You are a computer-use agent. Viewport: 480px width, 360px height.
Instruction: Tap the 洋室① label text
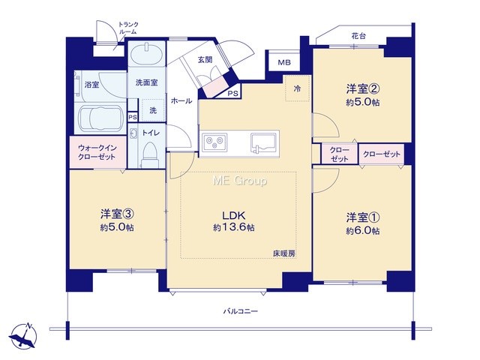tap(363, 218)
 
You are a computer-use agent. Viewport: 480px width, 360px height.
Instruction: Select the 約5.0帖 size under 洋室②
tap(363, 102)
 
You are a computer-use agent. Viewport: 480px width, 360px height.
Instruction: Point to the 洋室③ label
tap(118, 214)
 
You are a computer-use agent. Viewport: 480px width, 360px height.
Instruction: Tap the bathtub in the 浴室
tap(100, 118)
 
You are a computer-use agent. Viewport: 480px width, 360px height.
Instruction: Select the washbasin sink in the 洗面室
tap(147, 54)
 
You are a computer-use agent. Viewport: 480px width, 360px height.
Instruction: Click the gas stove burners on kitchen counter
tap(214, 142)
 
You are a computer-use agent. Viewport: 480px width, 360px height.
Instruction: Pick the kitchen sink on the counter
tap(263, 142)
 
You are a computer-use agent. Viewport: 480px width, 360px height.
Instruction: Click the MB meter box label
tap(284, 63)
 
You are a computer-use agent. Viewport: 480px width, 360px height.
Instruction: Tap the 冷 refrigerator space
tap(298, 88)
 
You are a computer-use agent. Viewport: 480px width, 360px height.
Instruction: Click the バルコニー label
tap(240, 312)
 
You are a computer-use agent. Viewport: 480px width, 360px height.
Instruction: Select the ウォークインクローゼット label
tap(97, 152)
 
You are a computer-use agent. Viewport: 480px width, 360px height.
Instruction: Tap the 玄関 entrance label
tap(205, 59)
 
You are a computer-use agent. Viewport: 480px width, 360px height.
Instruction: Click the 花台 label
tap(358, 36)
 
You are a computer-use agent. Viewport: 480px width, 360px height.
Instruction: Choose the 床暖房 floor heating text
tap(284, 253)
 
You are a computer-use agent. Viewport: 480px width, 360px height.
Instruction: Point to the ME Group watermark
tap(240, 181)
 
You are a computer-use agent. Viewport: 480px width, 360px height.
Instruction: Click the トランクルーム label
tap(127, 28)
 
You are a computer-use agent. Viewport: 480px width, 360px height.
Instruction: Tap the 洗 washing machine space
tap(153, 110)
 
